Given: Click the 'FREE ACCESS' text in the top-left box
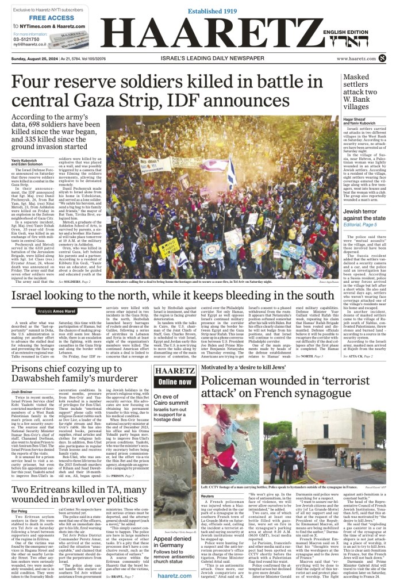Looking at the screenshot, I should pyautogui.click(x=40, y=18).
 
